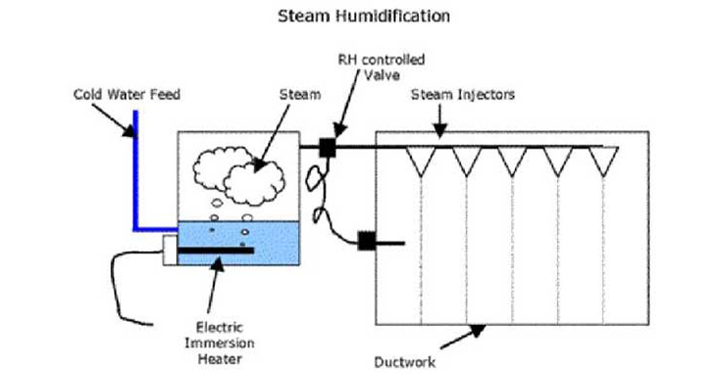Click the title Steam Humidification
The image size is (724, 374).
tap(363, 15)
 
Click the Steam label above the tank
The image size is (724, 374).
tap(299, 94)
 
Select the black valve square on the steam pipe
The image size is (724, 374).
tap(327, 147)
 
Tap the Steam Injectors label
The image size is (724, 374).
tap(463, 94)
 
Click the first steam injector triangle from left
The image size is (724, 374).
tap(421, 160)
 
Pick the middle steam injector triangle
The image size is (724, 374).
tap(512, 160)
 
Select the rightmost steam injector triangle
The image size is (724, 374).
tap(603, 160)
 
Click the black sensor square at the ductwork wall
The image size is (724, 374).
tap(367, 240)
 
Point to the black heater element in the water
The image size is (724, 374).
tap(216, 251)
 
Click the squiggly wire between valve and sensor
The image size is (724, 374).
tap(316, 193)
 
